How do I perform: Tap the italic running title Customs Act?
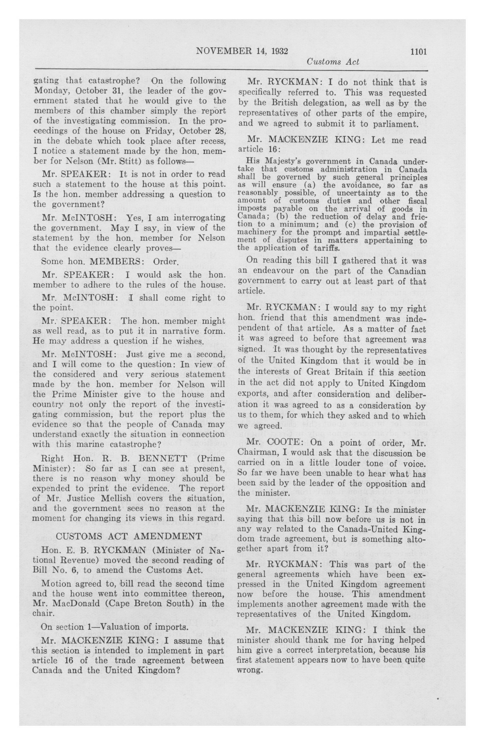333,62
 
